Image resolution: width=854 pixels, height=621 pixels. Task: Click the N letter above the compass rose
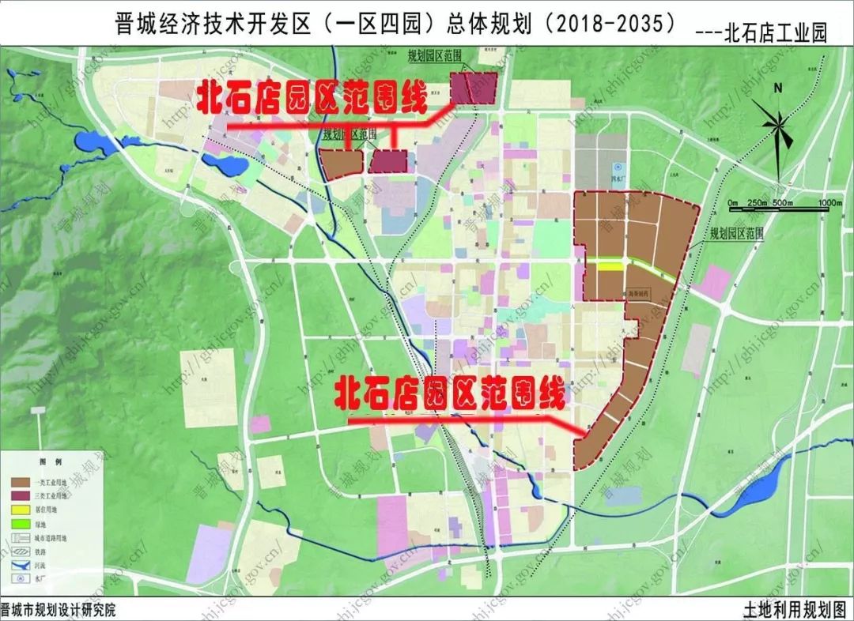pos(778,89)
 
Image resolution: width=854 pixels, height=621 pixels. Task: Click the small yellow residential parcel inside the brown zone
pos(609,267)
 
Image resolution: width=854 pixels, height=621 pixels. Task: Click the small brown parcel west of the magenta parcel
pos(342,163)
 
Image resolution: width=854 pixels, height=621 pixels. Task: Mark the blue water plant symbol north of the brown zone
pos(619,169)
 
